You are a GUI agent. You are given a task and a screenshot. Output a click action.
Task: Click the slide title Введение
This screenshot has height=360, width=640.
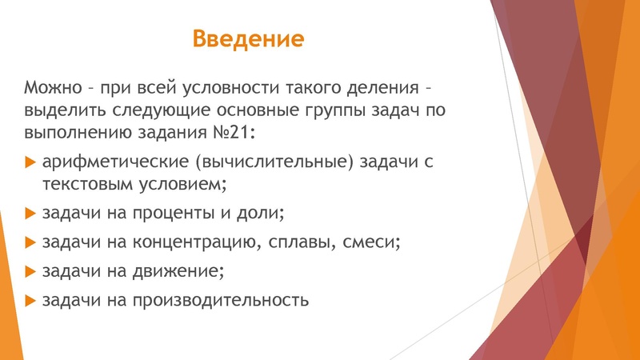pos(249,38)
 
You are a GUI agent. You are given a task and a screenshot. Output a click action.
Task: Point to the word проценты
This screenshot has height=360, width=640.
pos(163,214)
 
